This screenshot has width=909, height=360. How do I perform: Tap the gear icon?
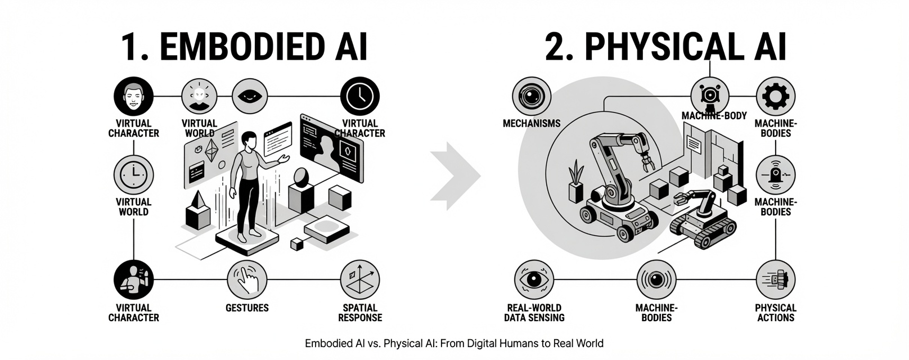[776, 96]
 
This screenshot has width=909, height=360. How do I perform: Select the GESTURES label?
[247, 308]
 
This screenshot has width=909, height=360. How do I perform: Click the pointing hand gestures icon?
[247, 280]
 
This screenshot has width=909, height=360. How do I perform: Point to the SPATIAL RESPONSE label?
[360, 313]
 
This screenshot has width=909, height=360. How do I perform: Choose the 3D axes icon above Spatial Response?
[360, 280]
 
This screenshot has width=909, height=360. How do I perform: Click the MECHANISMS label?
[532, 123]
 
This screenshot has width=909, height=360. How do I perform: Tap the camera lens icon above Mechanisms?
[532, 96]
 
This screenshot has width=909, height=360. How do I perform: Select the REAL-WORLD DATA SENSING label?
[534, 313]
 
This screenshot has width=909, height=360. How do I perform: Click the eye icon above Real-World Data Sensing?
[534, 280]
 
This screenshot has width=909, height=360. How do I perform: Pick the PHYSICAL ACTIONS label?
[776, 313]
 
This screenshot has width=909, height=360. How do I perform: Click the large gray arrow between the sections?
[455, 175]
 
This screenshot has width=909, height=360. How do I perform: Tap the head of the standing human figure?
[248, 141]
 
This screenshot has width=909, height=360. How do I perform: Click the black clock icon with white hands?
[360, 96]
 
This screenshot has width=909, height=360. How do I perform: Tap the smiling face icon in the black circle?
[133, 96]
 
